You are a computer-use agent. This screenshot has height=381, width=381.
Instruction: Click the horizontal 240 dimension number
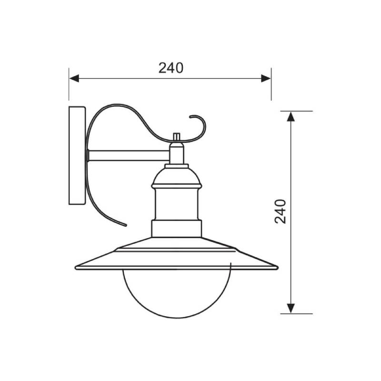(x=171, y=68)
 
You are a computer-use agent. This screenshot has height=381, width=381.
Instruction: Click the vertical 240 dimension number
(x=280, y=211)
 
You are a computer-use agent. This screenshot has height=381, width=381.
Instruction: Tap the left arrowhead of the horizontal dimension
(x=74, y=79)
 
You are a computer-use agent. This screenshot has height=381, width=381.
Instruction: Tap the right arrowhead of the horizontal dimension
(x=266, y=79)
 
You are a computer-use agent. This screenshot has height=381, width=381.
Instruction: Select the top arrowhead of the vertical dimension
(x=291, y=116)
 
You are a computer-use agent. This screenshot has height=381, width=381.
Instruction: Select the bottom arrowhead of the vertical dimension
(x=291, y=308)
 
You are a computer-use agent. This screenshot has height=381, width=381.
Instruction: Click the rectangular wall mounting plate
(x=77, y=156)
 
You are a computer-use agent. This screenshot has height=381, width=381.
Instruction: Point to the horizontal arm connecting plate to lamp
(x=129, y=156)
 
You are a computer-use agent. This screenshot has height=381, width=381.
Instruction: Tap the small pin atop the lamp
(x=177, y=137)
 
